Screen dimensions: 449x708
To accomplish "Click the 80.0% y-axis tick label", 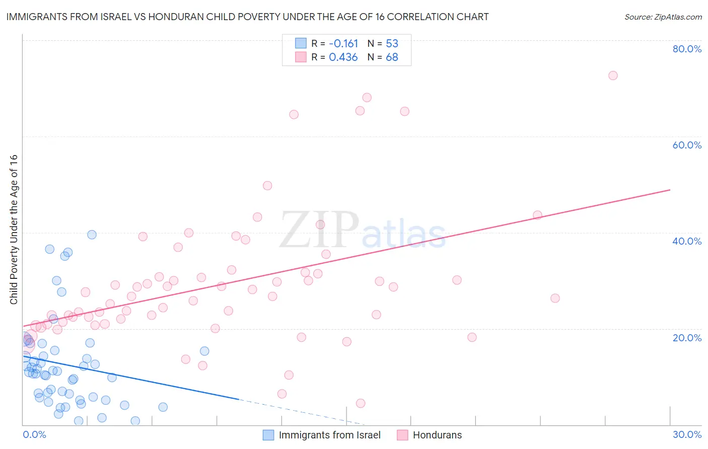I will [x=687, y=49].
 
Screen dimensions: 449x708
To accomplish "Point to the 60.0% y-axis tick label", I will [x=687, y=145].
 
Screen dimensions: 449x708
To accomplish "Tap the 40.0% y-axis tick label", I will [x=687, y=241].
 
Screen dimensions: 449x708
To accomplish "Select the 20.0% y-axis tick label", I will [x=687, y=337].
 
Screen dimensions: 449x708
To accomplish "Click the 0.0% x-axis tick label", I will [x=34, y=434].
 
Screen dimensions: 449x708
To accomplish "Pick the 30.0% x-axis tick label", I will [x=687, y=434].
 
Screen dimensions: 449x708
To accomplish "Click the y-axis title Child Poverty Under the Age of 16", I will [x=14, y=229].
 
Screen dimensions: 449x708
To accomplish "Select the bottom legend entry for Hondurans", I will [x=437, y=435].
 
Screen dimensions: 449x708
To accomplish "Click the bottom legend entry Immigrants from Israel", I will [x=329, y=435].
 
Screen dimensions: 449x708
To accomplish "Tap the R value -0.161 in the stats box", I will [x=343, y=43].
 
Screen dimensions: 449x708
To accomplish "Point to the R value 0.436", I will [x=343, y=57].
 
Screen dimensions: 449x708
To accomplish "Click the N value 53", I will [x=392, y=43].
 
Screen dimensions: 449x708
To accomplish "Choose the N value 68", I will [x=392, y=57].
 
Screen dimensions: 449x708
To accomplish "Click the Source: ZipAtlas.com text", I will [x=663, y=17].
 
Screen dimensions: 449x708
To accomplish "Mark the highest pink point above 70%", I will [x=613, y=76].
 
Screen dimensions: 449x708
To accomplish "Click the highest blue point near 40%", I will [x=92, y=235].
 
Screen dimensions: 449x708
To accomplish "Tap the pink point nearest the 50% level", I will [x=267, y=186].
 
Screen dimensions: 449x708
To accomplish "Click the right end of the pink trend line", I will [x=670, y=190].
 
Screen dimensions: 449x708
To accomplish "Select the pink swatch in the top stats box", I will [x=301, y=57].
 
